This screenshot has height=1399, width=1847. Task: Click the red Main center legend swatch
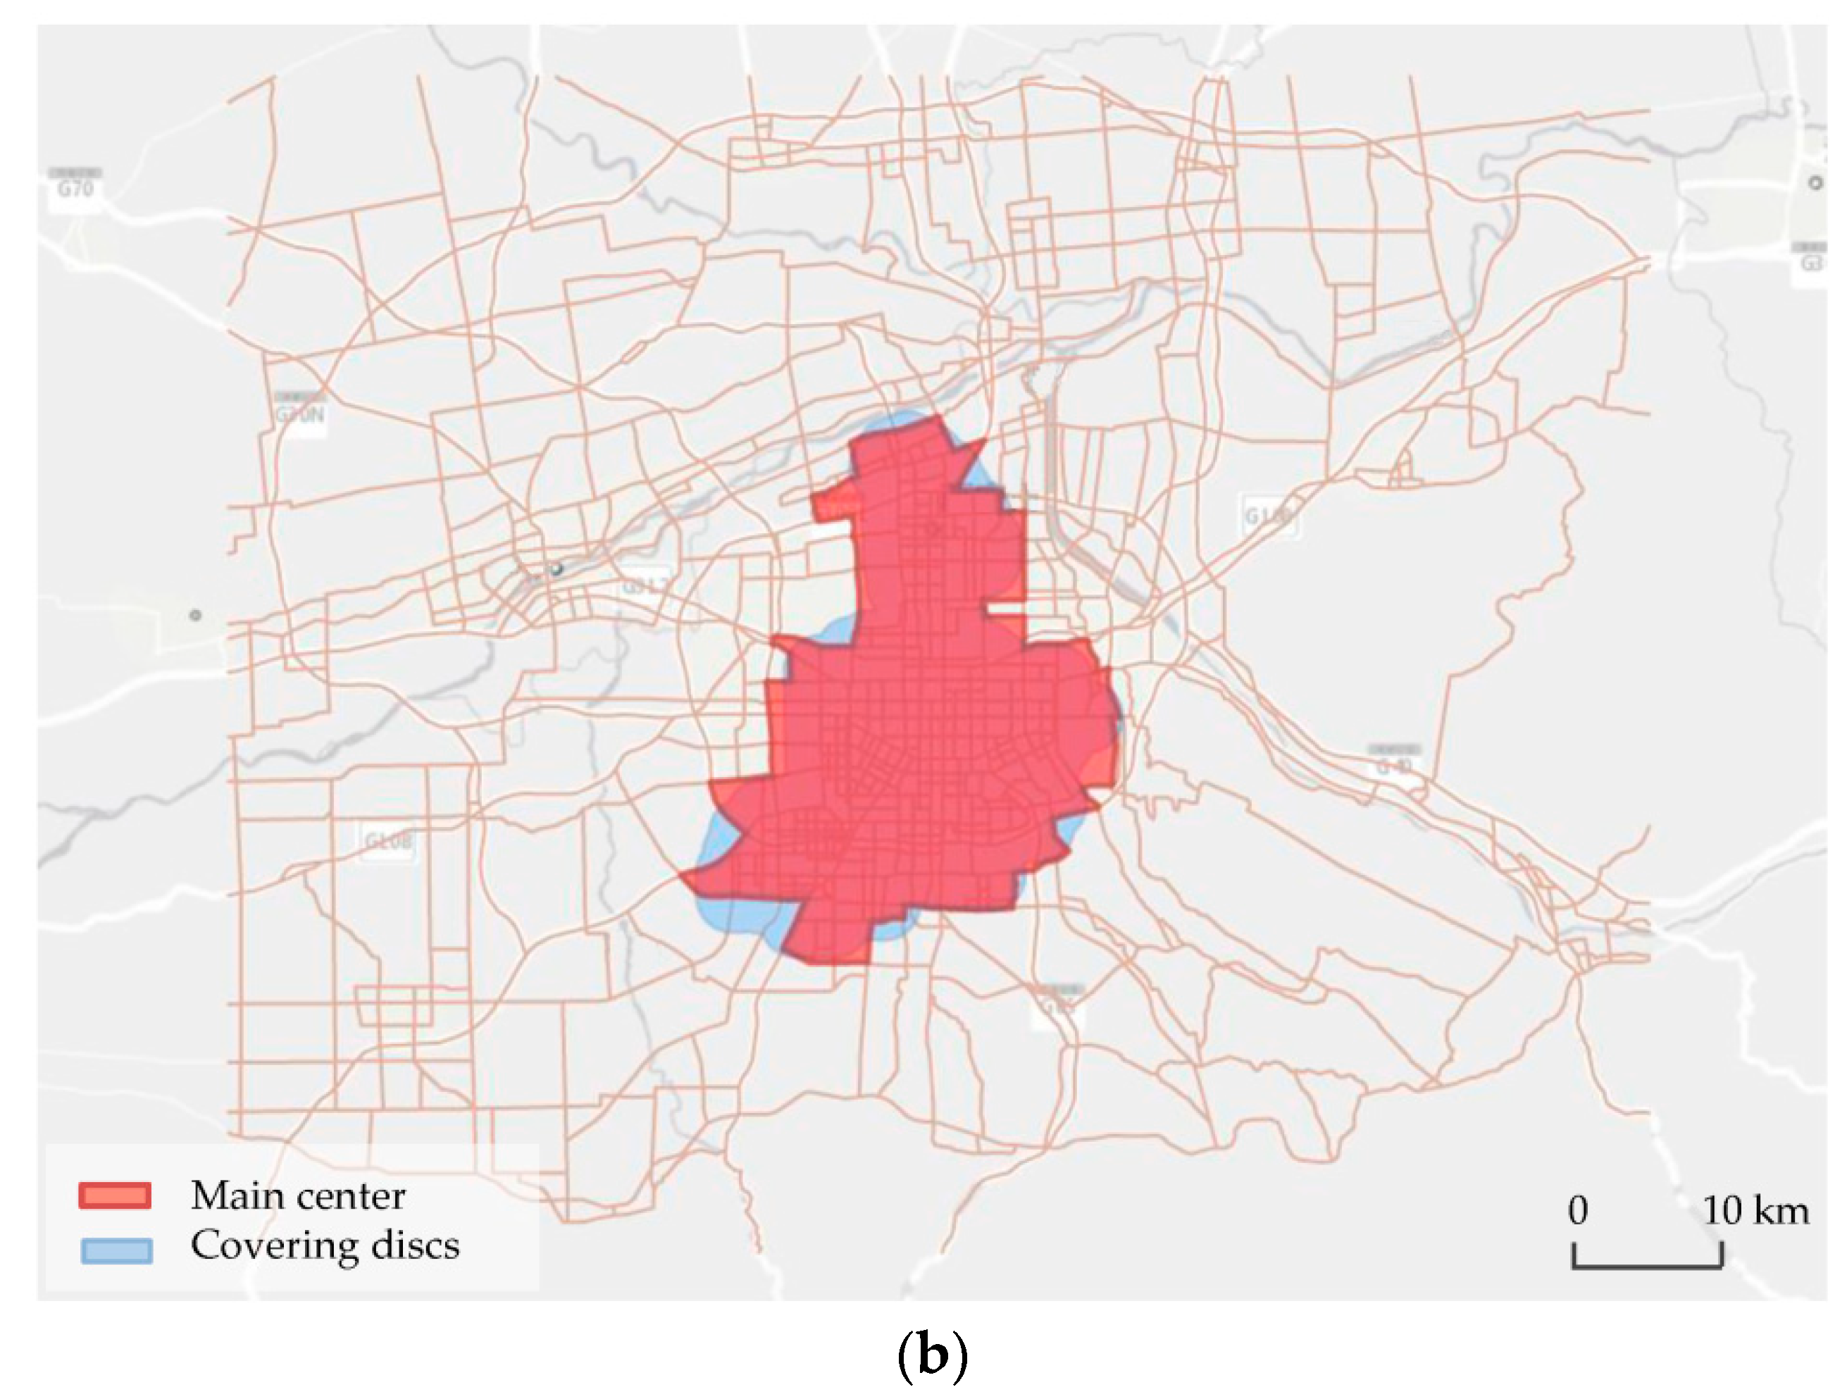[x=116, y=1195]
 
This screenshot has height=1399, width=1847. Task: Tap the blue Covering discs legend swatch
[x=116, y=1250]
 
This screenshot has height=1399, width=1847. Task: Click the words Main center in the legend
[x=298, y=1195]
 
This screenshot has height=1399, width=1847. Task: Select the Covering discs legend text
[x=325, y=1245]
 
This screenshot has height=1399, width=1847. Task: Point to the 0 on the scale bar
[x=1577, y=1210]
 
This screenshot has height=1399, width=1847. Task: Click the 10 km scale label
[x=1755, y=1210]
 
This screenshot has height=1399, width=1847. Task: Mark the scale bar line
[x=1648, y=1266]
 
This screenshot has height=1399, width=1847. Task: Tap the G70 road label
[x=75, y=189]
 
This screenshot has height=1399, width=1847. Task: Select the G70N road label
[x=300, y=414]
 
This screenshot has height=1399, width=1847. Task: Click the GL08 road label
[x=388, y=841]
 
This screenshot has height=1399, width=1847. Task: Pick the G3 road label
[x=1810, y=261]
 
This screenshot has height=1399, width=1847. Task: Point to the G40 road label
[x=1393, y=765]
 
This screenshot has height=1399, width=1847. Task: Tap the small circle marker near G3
[x=1815, y=183]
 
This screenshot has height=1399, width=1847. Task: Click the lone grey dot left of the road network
[x=195, y=616]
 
